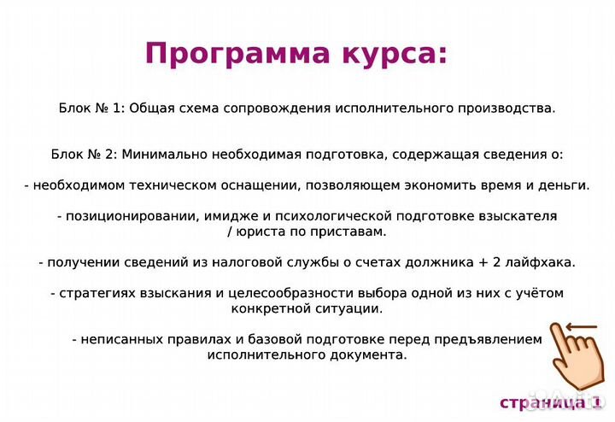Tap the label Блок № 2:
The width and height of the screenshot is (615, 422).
84,155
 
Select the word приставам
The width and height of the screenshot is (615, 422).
353,232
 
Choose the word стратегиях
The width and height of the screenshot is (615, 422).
92,293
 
